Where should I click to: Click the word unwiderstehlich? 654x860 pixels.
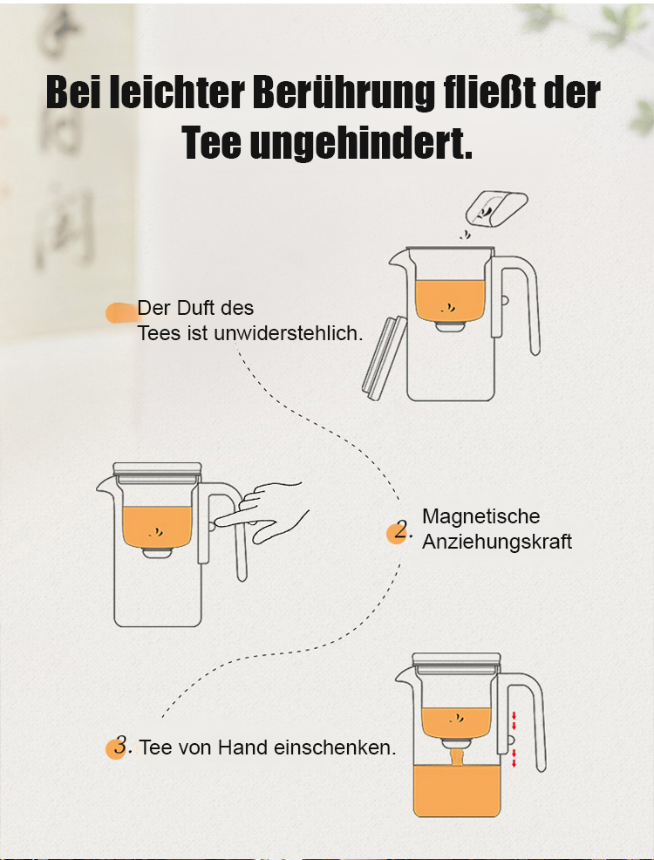[289, 333]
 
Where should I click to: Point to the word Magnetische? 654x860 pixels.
[480, 516]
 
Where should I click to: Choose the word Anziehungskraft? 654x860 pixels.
[497, 542]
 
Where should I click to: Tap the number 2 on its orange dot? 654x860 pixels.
[402, 530]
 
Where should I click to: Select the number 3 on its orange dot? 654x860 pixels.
[121, 745]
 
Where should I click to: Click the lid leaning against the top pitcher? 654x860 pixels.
[385, 358]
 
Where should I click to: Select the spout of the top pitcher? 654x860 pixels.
[399, 261]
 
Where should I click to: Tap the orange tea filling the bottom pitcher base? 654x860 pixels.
[457, 791]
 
